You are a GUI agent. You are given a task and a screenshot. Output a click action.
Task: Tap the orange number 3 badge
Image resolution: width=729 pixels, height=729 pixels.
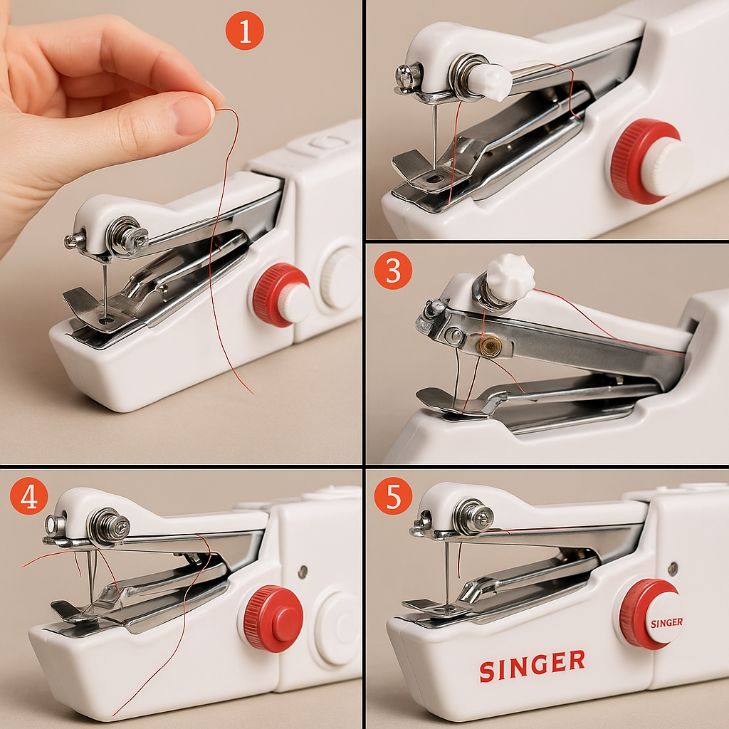[393, 271]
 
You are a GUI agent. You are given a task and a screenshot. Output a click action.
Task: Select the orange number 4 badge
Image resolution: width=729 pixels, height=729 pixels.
[28, 496]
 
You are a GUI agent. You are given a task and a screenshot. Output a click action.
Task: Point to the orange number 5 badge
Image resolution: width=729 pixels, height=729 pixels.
[393, 496]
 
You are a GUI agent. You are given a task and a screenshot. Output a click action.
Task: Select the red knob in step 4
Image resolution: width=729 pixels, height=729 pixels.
[273, 618]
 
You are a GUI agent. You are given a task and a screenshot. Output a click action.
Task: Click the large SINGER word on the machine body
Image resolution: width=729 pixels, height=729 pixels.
[532, 665]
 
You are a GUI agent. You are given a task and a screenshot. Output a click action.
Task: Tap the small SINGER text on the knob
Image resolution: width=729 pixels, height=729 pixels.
[666, 622]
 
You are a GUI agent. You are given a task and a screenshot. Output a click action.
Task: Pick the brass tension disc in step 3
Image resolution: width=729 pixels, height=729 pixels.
[488, 347]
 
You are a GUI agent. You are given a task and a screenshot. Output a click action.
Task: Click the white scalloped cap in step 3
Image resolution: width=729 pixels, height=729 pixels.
[510, 277]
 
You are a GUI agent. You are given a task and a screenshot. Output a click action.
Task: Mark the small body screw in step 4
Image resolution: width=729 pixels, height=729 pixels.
[303, 570]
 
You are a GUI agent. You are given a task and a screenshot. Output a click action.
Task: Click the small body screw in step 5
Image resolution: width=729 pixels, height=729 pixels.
[673, 567]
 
